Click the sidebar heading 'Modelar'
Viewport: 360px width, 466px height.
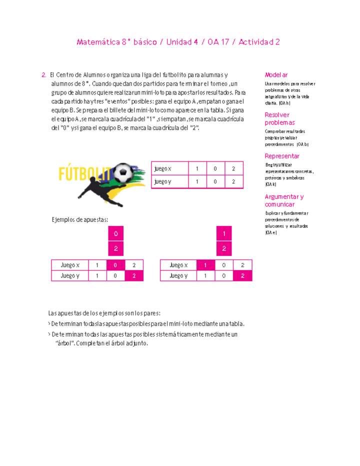[x=276, y=74]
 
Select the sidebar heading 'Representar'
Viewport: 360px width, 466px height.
[x=282, y=156]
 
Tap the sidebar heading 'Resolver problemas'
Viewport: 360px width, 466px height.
[x=279, y=118]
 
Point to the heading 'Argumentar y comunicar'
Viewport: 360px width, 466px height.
[x=284, y=200]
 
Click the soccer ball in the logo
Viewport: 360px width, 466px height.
[x=124, y=173]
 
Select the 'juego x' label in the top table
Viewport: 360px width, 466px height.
[x=163, y=168]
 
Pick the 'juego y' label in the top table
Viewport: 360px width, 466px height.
[x=163, y=181]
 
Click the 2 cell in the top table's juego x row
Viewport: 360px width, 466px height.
[x=233, y=168]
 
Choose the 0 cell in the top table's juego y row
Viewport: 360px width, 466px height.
[x=215, y=181]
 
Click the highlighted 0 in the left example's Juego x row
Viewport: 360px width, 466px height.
[x=115, y=265]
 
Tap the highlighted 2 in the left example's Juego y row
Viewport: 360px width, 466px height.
[x=134, y=275]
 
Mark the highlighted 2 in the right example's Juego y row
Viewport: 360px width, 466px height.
[x=242, y=275]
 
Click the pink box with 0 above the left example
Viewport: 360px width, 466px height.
[x=115, y=233]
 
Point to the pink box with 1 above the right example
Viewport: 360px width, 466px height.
[x=224, y=233]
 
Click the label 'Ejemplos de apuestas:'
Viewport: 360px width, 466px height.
[x=80, y=219]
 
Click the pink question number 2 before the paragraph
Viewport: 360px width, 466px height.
[x=44, y=74]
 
